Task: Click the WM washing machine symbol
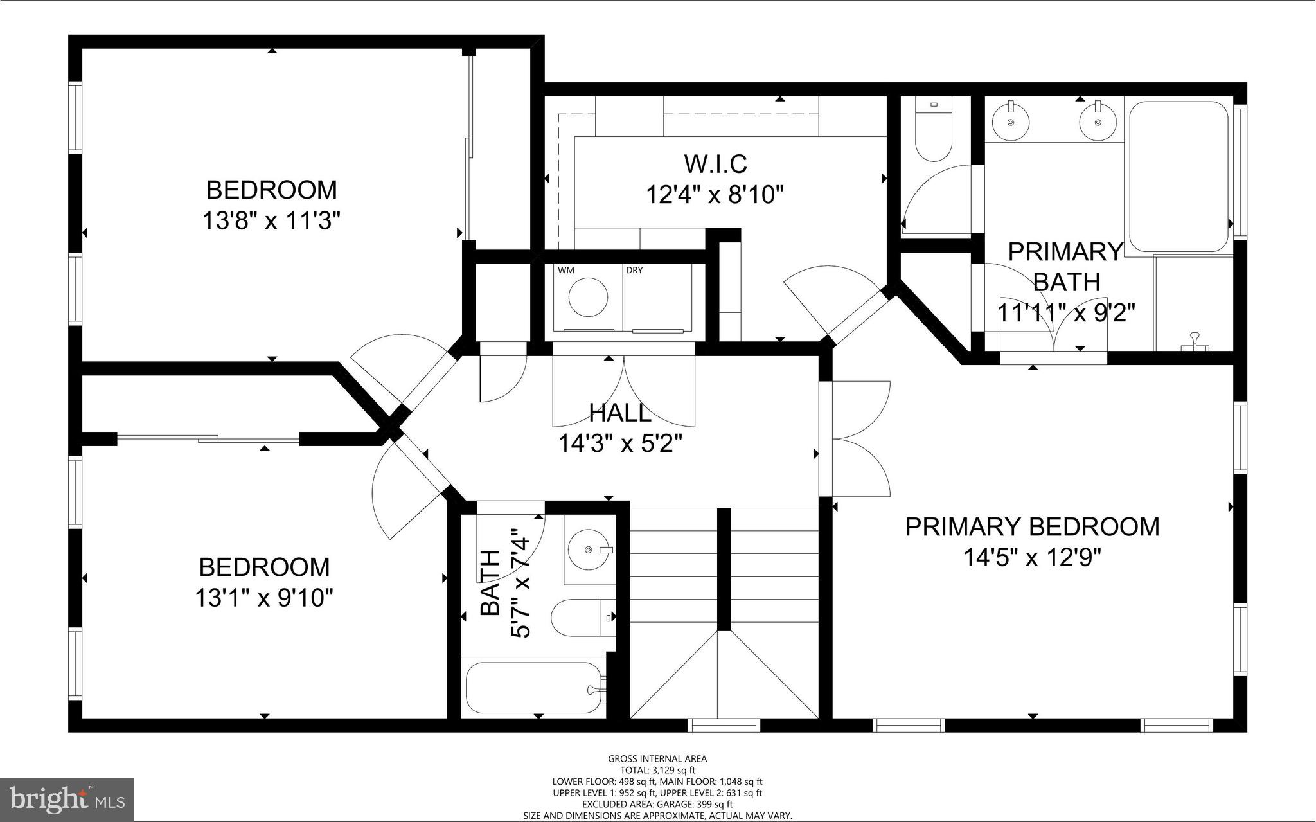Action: pos(588,297)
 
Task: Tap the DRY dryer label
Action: pos(634,271)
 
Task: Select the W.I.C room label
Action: pos(715,164)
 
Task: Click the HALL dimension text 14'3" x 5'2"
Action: pos(619,443)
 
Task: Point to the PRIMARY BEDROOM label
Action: pos(1032,527)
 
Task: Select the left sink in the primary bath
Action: pos(1011,122)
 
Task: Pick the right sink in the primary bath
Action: pos(1098,122)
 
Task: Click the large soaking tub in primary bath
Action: pos(1178,176)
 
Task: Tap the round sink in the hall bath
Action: pos(589,549)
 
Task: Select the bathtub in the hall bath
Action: pos(533,688)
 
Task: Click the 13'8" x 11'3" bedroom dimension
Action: pos(271,222)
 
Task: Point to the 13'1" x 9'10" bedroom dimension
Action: pos(264,599)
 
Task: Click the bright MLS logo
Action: pos(67,799)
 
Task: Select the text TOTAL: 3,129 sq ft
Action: pos(657,770)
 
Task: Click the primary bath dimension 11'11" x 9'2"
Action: pos(1066,314)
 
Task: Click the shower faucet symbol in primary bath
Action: pos(1195,341)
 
